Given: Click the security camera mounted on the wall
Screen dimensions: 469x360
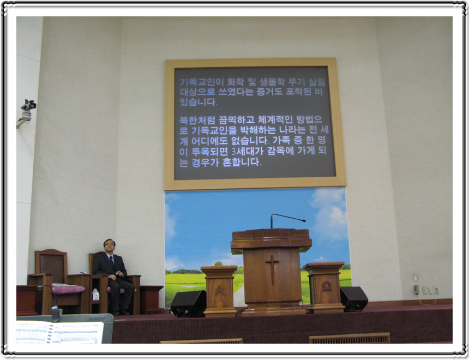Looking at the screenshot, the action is coord(27,110).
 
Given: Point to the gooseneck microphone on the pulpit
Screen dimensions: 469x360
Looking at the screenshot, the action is coord(287,220).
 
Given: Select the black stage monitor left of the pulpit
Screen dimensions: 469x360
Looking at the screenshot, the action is coord(189,303).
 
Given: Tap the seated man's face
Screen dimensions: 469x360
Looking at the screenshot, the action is coord(110,247).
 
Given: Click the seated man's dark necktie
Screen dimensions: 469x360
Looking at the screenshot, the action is coord(112,262).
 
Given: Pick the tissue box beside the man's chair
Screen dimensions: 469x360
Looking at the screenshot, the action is coord(96,295).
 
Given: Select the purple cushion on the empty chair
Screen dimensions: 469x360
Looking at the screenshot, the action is coord(68,290).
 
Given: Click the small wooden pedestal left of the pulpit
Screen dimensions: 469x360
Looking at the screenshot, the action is coord(219,291).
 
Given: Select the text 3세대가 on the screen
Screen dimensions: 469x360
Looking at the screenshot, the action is coord(246,151).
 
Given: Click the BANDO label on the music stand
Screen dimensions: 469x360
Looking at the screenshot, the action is coord(97,317).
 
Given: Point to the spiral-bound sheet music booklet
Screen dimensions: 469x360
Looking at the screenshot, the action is coord(60,332).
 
